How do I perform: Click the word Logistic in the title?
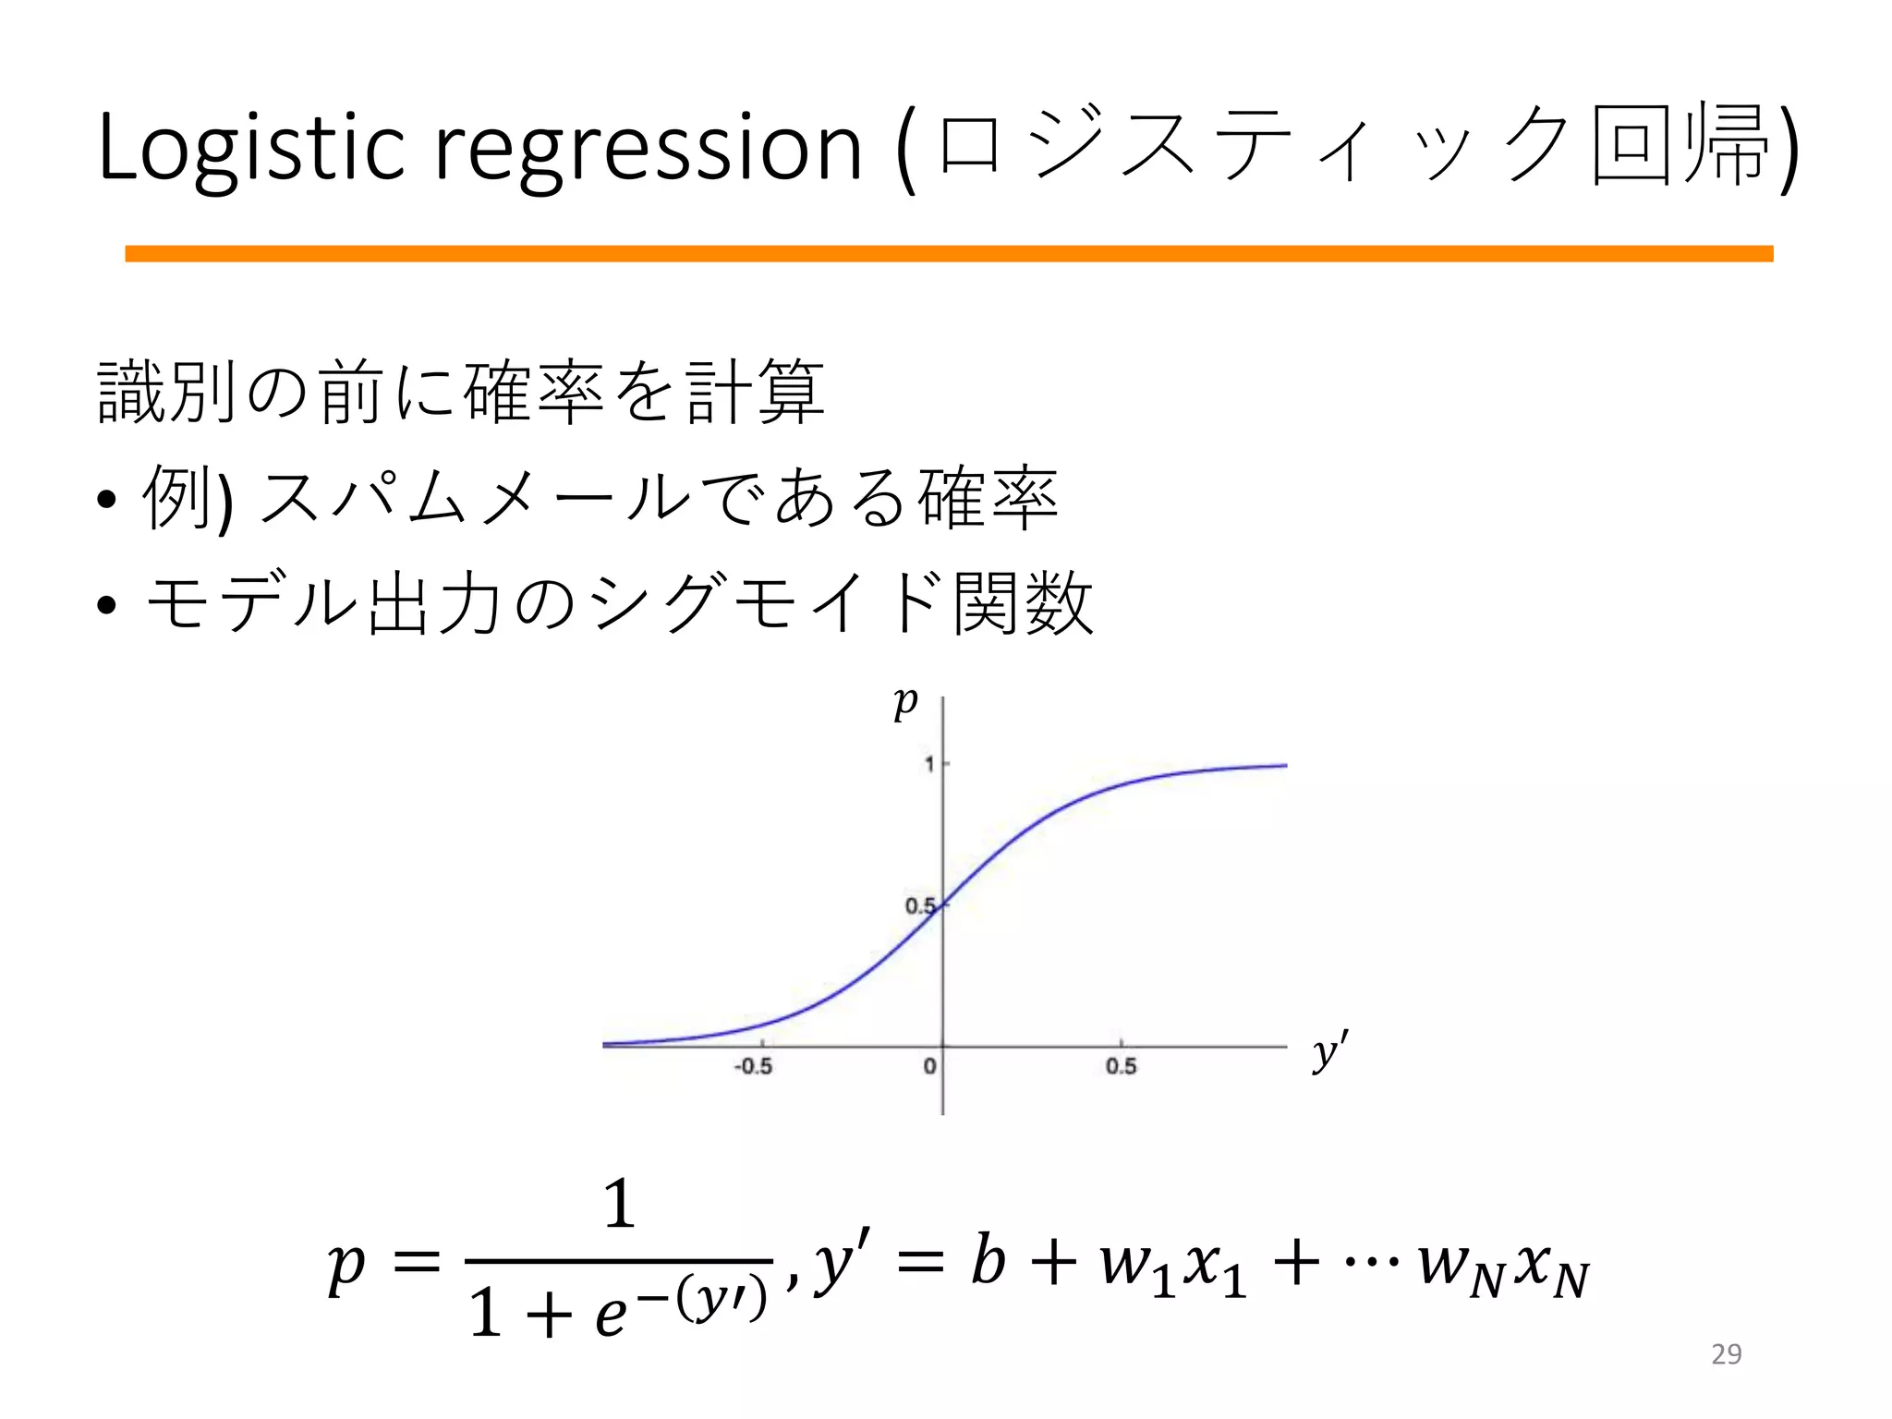pos(250,147)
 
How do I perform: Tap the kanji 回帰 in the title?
pos(1680,147)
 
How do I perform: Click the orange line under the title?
pos(949,254)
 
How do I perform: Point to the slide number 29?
pos(1726,1354)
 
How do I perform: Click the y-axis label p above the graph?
pos(905,704)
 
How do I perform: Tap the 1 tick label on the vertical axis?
pos(929,765)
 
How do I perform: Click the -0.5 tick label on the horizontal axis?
pos(753,1067)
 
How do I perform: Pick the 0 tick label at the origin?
pos(929,1067)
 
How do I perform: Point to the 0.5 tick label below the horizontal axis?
pos(1121,1067)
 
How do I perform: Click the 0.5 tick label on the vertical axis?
pos(919,906)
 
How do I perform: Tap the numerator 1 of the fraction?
pos(619,1205)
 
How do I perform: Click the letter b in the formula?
pos(988,1260)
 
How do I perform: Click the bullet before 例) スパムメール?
pos(106,500)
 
